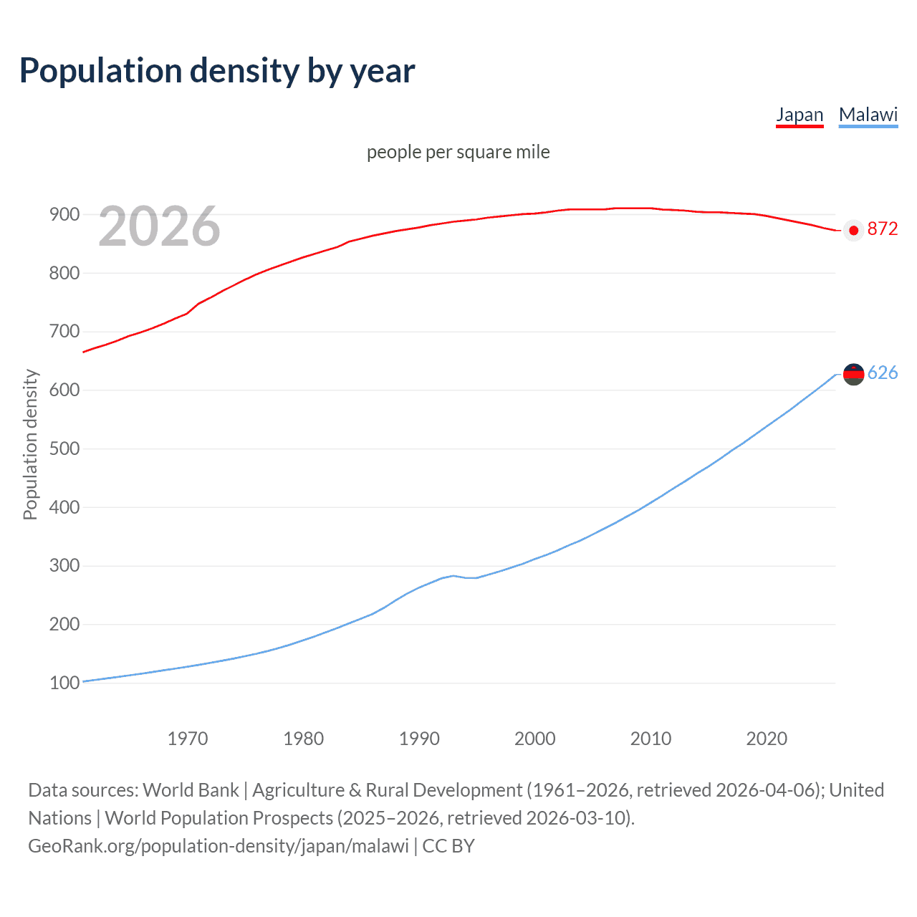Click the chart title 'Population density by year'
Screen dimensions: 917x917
217,71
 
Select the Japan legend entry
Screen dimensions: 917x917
800,115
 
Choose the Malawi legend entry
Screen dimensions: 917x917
868,115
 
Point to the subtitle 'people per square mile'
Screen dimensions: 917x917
458,152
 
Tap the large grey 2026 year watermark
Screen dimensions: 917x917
159,226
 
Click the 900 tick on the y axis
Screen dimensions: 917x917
64,214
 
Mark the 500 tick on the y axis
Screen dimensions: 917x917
64,448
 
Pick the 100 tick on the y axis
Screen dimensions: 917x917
64,683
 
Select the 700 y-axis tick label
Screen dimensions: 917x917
64,332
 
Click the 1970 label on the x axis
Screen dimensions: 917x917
188,739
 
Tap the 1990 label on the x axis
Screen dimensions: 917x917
419,739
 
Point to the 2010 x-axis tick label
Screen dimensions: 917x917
650,739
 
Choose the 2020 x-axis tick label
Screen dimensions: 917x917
767,739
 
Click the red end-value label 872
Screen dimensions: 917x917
882,229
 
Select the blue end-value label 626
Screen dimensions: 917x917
882,373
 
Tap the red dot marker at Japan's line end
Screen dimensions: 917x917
853,230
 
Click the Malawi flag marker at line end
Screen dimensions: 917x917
853,374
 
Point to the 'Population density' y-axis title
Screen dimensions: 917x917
30,444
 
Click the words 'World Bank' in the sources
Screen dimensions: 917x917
191,790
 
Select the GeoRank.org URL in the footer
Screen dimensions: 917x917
219,846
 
